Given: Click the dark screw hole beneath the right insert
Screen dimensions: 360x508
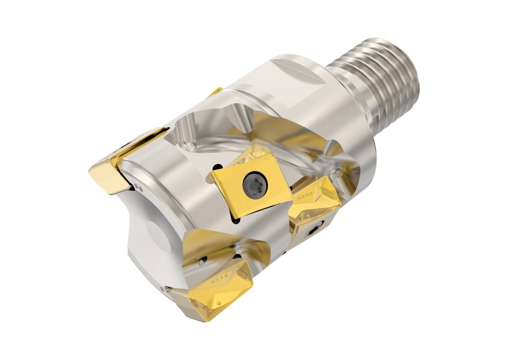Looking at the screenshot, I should (x=314, y=230).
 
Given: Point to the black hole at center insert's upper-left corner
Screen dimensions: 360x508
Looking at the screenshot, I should (x=218, y=167).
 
